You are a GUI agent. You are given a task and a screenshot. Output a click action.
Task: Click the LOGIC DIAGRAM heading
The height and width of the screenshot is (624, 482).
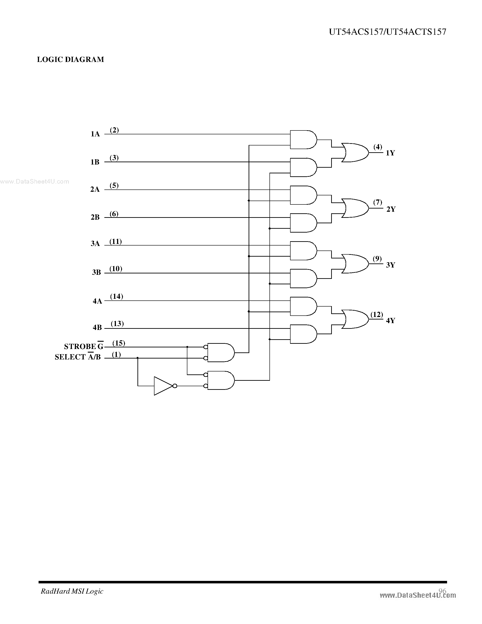pos(70,59)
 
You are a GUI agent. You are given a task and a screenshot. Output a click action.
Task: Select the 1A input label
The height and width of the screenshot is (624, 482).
pos(95,134)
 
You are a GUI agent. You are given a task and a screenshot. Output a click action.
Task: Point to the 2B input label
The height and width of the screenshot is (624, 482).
pos(95,217)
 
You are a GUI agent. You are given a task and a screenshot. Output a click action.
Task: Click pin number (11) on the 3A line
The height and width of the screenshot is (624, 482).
pos(116,241)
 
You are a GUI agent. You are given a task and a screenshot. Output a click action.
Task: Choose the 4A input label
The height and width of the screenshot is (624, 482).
pos(97,301)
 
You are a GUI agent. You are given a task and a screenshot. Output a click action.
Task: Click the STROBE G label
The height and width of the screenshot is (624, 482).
pos(83,346)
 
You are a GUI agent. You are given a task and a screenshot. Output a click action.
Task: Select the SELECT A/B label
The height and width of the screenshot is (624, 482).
pos(78,357)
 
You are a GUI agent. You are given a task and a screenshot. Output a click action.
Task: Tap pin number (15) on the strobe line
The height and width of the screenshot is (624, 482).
pos(119,343)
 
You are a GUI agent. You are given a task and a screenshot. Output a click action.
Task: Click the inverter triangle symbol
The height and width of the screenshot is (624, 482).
pos(163,386)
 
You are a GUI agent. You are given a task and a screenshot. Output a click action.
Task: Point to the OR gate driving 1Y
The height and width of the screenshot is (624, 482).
pos(355,152)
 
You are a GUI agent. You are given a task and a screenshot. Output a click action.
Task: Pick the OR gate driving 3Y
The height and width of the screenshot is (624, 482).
pos(355,264)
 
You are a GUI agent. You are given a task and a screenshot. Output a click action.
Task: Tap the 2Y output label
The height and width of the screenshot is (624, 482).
pos(391,209)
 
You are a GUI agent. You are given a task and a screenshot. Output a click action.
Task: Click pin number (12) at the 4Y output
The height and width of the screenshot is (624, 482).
pos(377,314)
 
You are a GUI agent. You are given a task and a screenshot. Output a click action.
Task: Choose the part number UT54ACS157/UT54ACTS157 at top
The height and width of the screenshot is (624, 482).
pos(387,32)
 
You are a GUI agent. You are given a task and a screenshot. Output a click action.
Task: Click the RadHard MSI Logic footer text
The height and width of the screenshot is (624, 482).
pos(72,591)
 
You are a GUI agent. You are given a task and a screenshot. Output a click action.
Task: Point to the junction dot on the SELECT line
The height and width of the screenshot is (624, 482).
pos(138,358)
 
